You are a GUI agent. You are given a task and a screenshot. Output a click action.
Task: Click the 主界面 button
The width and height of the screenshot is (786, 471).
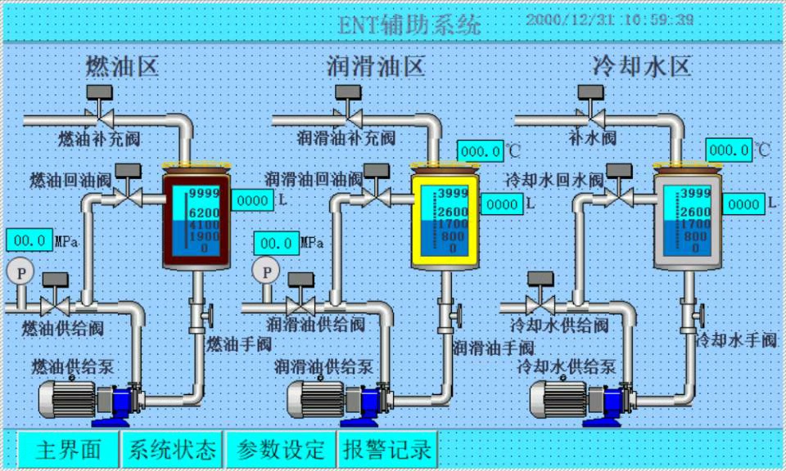click(x=69, y=449)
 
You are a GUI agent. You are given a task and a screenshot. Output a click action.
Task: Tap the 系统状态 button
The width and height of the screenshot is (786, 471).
click(x=174, y=449)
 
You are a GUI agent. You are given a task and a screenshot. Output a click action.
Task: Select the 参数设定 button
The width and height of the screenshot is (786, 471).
click(x=281, y=449)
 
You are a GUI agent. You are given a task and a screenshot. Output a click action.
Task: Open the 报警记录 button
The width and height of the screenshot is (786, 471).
click(x=387, y=449)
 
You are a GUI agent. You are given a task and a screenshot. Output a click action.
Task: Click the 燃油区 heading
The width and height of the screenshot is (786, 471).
click(x=122, y=65)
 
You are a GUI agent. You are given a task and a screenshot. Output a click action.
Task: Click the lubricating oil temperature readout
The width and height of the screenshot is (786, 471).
click(x=481, y=151)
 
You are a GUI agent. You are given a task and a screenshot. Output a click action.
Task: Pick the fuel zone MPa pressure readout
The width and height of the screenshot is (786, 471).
click(x=30, y=240)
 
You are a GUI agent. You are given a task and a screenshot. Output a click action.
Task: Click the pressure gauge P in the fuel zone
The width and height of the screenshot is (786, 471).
click(x=16, y=271)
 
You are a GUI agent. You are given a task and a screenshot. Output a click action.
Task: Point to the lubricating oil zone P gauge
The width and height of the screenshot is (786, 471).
click(x=265, y=270)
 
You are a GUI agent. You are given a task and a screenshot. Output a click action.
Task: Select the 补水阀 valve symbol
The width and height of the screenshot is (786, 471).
click(x=590, y=114)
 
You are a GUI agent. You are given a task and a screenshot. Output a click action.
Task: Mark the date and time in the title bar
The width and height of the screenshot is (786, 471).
click(x=610, y=19)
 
